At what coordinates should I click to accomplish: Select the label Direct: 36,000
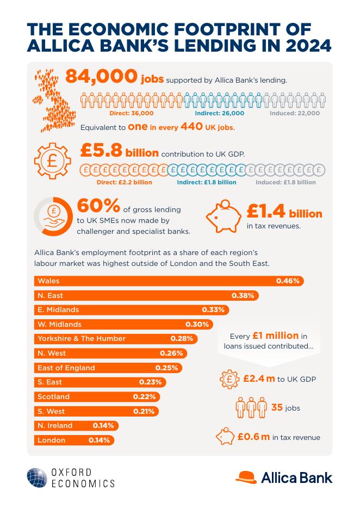tap(131, 113)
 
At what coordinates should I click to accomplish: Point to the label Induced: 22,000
tap(295, 113)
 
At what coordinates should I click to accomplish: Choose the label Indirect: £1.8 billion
tap(207, 182)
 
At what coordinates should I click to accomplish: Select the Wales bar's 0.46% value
tap(288, 281)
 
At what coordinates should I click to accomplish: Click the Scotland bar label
tap(53, 397)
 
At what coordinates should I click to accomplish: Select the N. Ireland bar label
tap(55, 426)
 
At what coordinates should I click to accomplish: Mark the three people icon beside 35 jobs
tap(251, 408)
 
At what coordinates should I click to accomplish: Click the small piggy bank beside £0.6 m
tap(226, 437)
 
